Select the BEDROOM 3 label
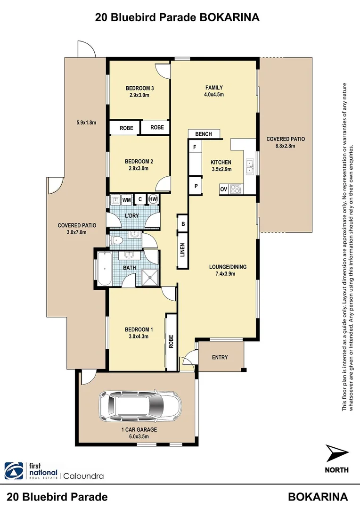tap(139, 88)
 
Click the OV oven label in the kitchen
tap(224, 189)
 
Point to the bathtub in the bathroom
tap(104, 269)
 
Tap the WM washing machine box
tap(126, 200)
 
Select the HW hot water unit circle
tap(153, 199)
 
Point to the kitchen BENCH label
tap(204, 134)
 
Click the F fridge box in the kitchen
tap(194, 147)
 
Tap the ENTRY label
tap(220, 357)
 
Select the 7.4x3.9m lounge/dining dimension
tap(228, 273)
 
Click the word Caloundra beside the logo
tap(83, 476)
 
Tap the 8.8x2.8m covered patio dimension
tap(286, 146)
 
